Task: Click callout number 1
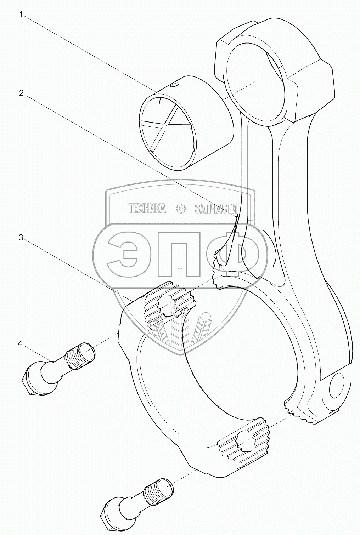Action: tap(21, 15)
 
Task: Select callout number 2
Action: tap(21, 93)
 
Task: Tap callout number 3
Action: tap(21, 238)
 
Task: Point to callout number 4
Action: tap(20, 343)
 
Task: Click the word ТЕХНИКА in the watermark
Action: tap(147, 209)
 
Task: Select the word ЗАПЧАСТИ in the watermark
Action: tap(218, 209)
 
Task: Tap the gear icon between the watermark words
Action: tap(181, 209)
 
